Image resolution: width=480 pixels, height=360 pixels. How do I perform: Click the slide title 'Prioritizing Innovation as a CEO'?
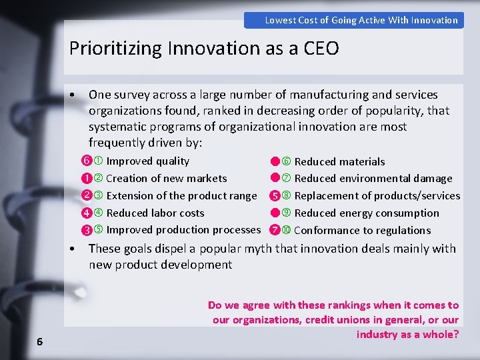point(204,48)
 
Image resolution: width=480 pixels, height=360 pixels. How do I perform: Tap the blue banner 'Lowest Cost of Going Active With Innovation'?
point(361,20)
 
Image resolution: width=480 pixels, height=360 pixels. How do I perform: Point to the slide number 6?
point(40,342)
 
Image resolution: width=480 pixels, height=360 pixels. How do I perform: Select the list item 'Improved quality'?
point(147,161)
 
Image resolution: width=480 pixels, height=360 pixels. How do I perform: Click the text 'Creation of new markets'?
point(166,179)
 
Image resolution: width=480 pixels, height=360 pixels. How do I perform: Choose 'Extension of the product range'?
point(181,196)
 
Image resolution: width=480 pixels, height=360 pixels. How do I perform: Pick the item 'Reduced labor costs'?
point(155,213)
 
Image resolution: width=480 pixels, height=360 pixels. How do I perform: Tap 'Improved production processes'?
point(183,230)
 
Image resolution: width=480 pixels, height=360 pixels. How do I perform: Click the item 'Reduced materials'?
point(339,161)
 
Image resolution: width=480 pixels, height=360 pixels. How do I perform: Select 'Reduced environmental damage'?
point(373,179)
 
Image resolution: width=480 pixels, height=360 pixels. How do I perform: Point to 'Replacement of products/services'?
point(377,196)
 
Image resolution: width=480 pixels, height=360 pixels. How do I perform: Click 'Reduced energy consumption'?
point(367,213)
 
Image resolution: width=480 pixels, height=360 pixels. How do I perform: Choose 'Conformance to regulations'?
point(362,231)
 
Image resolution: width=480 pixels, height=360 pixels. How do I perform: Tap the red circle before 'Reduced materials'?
point(274,161)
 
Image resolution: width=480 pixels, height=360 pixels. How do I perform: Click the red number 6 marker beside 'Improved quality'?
point(86,161)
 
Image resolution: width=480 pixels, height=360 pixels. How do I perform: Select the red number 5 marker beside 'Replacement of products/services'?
point(274,197)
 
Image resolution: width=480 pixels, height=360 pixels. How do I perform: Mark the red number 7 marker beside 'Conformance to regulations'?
point(274,231)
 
